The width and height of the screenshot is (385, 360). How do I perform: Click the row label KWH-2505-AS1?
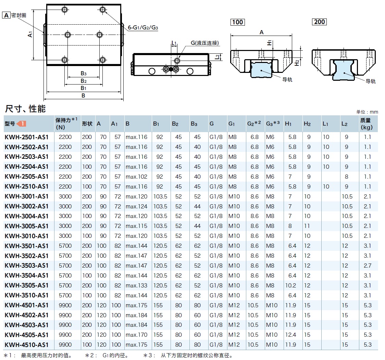27,177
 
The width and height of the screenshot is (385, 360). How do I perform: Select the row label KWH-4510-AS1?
27,345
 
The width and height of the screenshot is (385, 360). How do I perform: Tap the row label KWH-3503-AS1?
27,266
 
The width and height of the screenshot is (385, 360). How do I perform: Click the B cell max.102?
136,177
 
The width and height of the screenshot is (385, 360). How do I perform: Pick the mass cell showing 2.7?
368,266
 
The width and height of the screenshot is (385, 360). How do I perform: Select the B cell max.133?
136,285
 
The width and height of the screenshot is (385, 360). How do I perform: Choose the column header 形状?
87,124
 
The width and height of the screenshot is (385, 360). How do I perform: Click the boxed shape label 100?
237,22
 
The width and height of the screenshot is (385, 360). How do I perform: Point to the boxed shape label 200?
319,22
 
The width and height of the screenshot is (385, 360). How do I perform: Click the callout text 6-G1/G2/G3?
143,28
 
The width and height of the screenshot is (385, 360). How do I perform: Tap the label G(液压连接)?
205,43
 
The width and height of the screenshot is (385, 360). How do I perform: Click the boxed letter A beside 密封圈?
6,15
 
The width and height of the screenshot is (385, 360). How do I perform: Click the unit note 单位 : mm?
367,112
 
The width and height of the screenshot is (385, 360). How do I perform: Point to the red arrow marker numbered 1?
21,124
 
